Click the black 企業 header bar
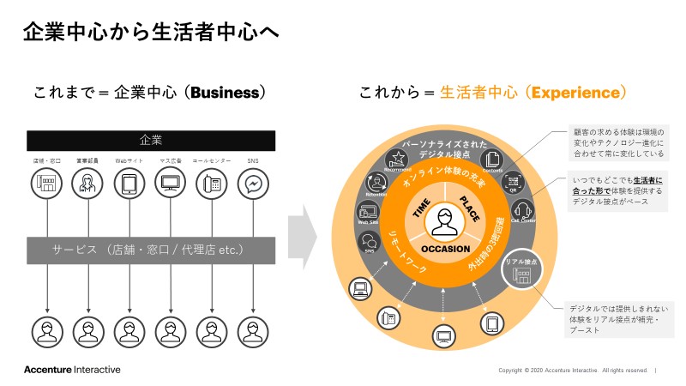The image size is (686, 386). point(151,140)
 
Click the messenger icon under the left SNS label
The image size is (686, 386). point(252,184)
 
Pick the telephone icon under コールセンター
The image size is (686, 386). point(211,184)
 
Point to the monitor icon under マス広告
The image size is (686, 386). point(170,184)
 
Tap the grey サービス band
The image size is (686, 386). point(151,250)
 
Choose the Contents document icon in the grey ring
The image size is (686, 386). point(493,159)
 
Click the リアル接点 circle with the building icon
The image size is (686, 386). point(521,269)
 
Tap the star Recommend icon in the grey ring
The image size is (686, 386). point(397,159)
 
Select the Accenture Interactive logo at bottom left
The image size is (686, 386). point(72,370)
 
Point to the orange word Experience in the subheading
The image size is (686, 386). point(574,92)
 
